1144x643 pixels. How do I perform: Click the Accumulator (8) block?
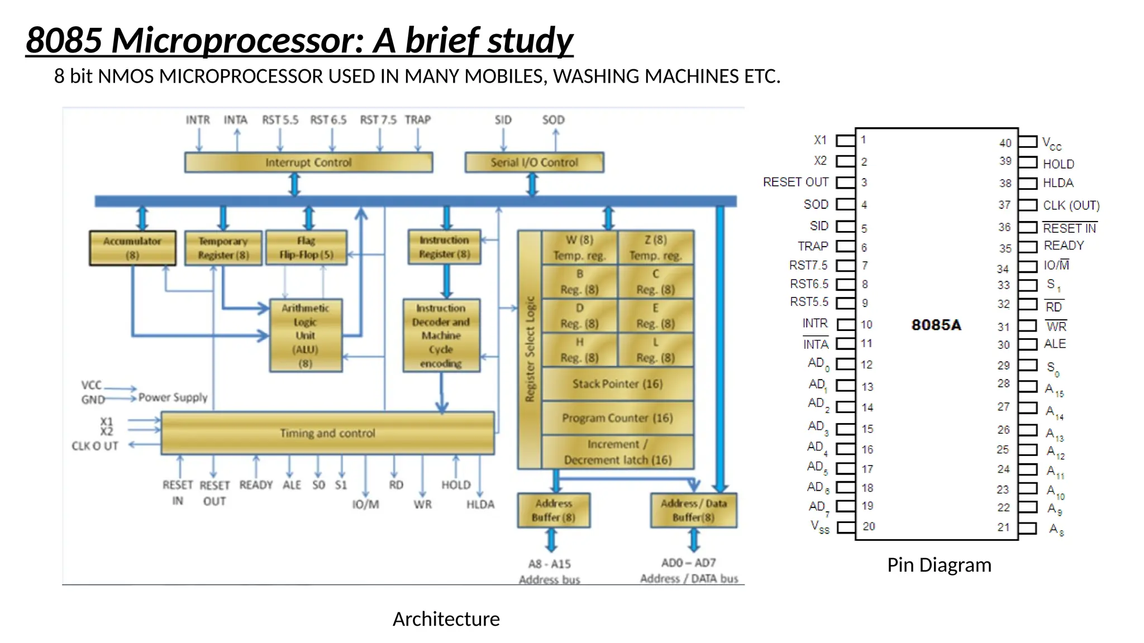pos(132,248)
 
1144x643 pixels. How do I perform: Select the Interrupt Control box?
pos(308,162)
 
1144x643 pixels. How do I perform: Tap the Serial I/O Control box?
pos(534,162)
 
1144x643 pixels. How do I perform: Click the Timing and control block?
pos(327,433)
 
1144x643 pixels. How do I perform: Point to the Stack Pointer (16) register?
pos(617,384)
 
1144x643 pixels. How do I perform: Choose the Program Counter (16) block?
pos(617,418)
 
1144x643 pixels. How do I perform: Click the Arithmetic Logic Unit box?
pos(306,335)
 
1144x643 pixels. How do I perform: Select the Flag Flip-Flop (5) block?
pos(306,248)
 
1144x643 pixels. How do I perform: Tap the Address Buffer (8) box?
pos(554,510)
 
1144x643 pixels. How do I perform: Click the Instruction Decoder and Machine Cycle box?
pos(441,335)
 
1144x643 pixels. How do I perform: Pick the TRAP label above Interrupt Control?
pos(417,120)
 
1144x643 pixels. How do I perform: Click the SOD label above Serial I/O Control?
pos(553,120)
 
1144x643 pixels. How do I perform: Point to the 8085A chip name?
pos(936,325)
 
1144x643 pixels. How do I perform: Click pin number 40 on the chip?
pos(1005,143)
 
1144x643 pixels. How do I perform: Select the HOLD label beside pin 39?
pos(1059,164)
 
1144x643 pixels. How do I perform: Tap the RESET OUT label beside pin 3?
pos(795,183)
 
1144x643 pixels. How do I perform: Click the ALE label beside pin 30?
pos(1055,344)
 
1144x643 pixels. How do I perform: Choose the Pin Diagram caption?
pos(939,565)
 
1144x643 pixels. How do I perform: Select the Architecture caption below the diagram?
pos(446,619)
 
